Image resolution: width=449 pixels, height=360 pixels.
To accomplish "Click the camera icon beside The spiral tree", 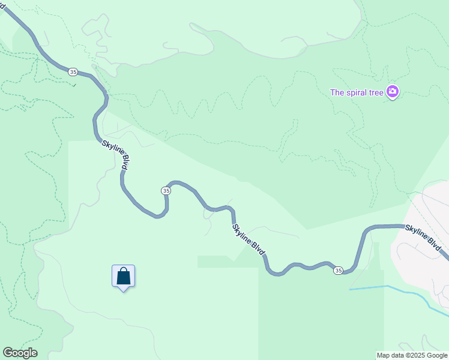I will [393, 92].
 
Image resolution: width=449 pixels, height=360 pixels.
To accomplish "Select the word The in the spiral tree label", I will [337, 92].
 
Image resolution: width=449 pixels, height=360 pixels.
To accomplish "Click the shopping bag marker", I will [123, 276].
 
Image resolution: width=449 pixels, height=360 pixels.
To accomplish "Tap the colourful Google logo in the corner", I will [20, 353].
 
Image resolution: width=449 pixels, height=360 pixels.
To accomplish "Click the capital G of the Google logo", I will [7, 353].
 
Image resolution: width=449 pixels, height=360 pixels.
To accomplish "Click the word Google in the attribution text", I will [438, 355].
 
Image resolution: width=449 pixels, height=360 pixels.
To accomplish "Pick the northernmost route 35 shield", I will [73, 72].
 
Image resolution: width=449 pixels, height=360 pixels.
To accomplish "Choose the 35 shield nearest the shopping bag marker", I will [166, 190].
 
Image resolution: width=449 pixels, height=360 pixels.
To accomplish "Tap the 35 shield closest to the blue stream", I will [338, 271].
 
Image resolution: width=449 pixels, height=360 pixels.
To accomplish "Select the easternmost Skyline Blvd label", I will [423, 238].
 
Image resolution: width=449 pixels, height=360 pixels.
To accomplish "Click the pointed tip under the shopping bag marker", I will [123, 290].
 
